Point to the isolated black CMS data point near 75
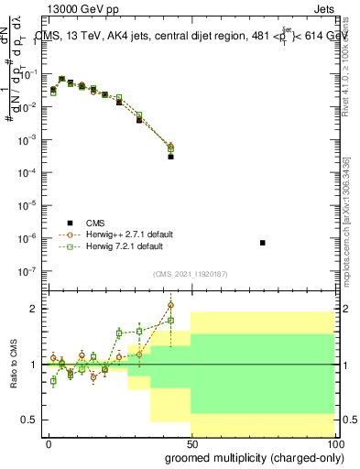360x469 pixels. (x=263, y=243)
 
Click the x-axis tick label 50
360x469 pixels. (x=191, y=443)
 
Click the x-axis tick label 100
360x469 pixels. (x=332, y=443)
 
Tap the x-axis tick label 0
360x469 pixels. (x=49, y=443)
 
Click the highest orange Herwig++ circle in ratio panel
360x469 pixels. (x=170, y=305)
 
